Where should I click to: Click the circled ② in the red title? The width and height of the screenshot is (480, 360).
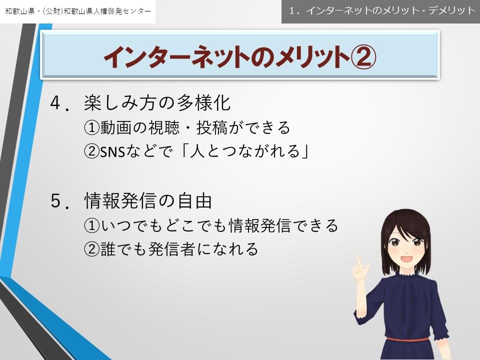[363, 57]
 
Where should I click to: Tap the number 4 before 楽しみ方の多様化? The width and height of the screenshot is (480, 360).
[55, 102]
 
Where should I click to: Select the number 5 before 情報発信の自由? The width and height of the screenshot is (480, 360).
[55, 201]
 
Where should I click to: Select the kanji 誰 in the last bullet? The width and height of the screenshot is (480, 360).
[108, 249]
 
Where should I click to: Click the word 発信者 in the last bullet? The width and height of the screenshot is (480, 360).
[171, 249]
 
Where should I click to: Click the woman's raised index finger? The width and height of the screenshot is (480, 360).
[359, 262]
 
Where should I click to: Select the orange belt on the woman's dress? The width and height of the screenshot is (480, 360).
[407, 339]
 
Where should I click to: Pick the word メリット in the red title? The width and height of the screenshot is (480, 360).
[312, 57]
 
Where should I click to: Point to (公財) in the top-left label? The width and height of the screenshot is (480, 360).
[53, 11]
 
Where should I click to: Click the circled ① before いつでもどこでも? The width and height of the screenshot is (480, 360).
[92, 225]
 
